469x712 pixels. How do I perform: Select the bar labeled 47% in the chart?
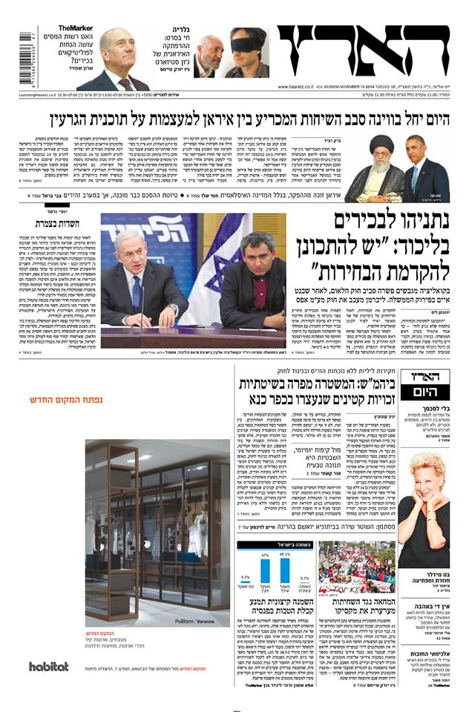point(264,578)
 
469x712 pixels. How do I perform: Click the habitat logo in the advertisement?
point(49,666)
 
